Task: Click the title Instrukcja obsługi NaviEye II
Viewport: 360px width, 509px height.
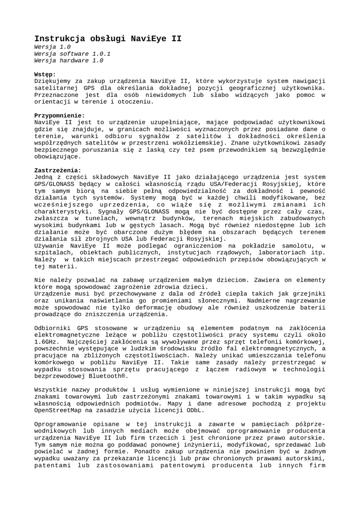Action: pos(107,38)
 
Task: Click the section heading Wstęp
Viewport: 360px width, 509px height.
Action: pos(45,74)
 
